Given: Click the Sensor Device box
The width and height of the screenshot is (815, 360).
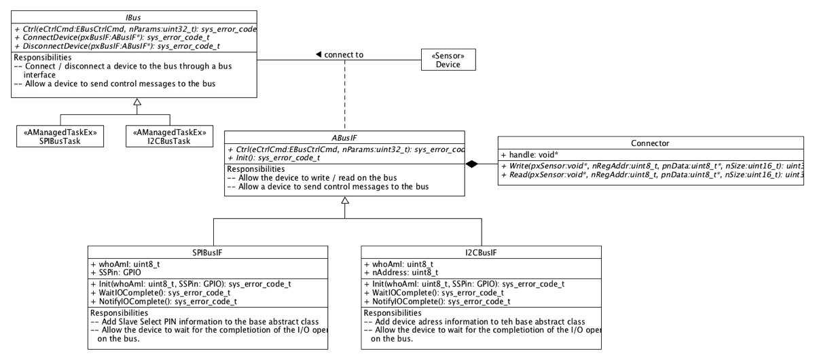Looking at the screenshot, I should (448, 60).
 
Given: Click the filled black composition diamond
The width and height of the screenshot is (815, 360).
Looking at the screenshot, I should (474, 164).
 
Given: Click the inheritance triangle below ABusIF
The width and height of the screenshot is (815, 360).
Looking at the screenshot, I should (345, 201).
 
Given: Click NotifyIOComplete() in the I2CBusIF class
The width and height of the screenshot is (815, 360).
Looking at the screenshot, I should (437, 301).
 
